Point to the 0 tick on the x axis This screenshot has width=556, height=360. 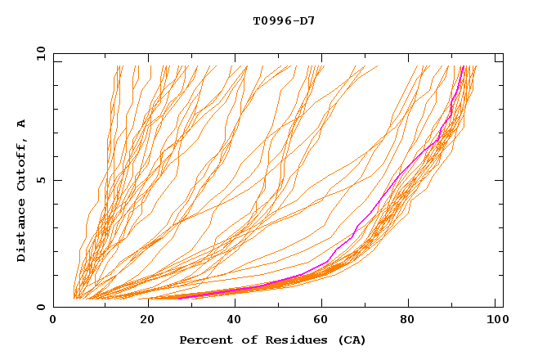(53, 321)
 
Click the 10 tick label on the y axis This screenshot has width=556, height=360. (39, 53)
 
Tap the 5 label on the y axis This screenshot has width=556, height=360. (42, 180)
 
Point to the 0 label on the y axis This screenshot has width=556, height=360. (42, 307)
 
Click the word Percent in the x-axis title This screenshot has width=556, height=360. (202, 340)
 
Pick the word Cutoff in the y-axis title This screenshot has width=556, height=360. (22, 166)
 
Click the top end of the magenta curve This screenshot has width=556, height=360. (463, 67)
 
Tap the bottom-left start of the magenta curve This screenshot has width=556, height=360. (179, 298)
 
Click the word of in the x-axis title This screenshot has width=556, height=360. (243, 340)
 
